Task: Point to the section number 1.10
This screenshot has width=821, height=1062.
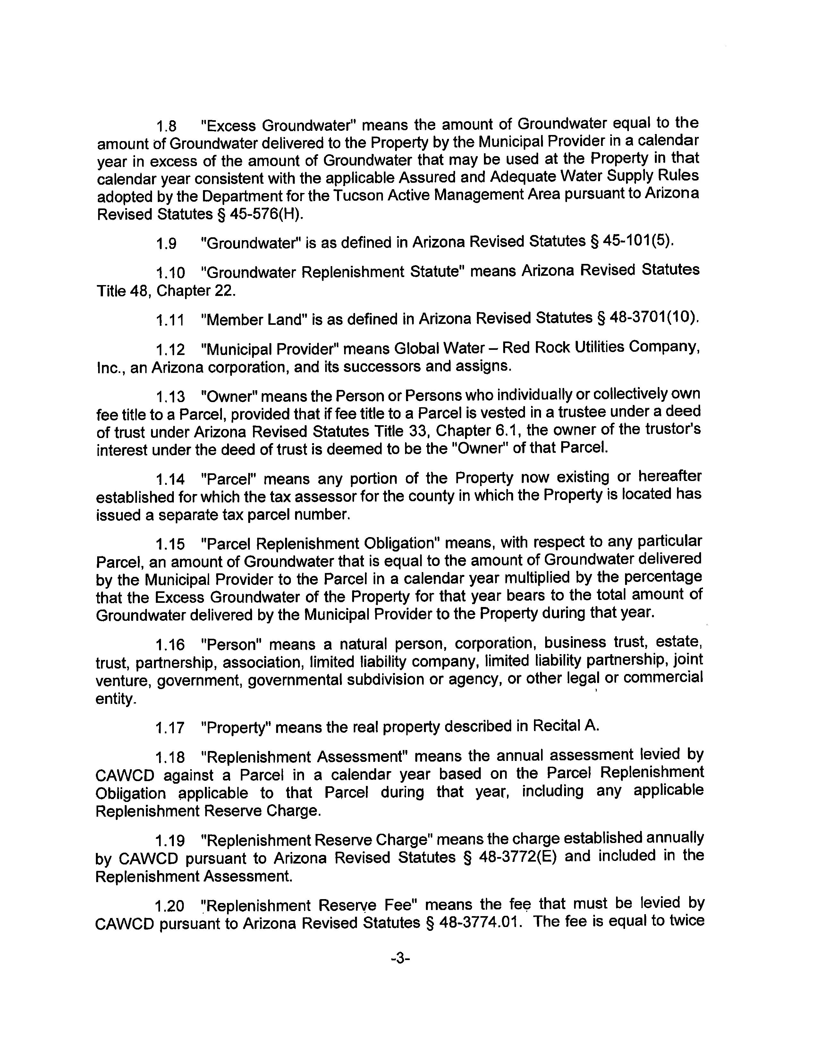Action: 170,272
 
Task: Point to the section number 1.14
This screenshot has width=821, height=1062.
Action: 170,479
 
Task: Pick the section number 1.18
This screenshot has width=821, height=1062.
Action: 170,757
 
